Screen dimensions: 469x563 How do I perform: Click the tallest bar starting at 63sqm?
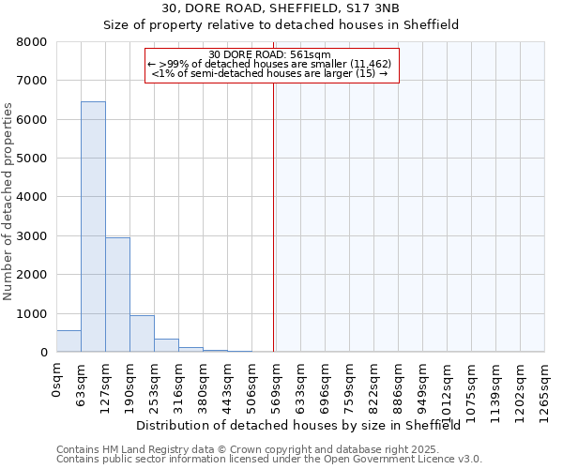[x=93, y=226]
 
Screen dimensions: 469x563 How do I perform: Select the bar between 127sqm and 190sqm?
[x=117, y=295]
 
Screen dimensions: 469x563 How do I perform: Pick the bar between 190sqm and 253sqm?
[x=142, y=333]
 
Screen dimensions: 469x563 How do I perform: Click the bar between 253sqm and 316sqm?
[x=166, y=345]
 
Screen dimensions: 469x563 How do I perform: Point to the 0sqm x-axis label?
[x=56, y=380]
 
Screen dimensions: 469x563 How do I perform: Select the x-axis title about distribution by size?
[x=292, y=426]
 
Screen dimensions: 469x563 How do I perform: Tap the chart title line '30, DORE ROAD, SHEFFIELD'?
[x=281, y=8]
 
